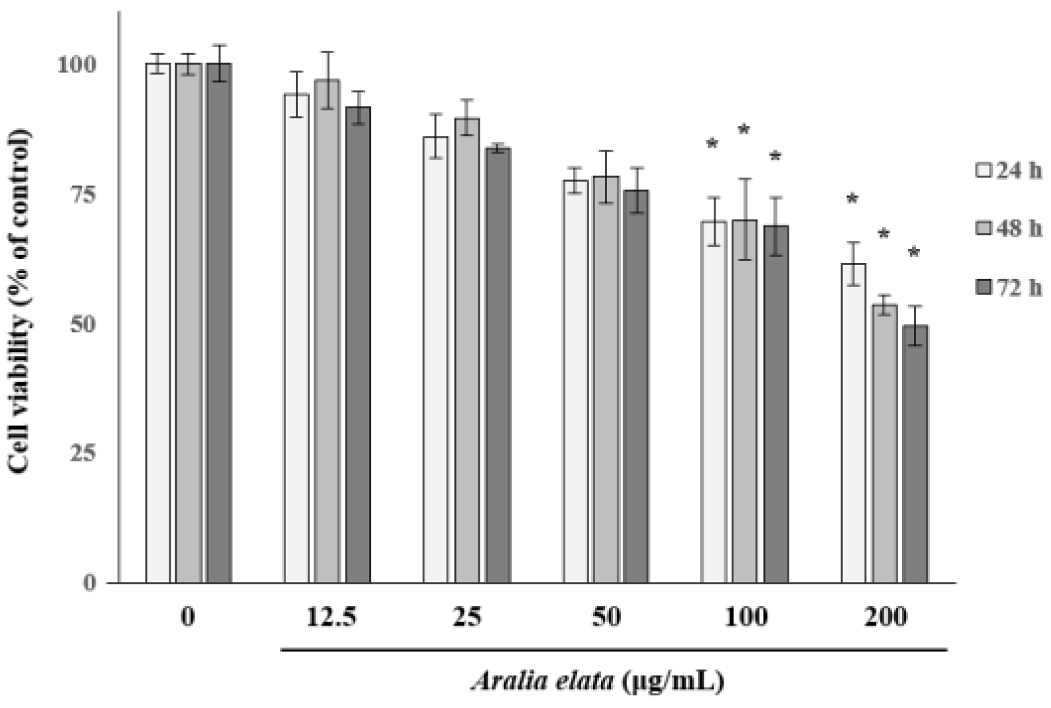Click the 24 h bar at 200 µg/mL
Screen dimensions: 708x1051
[x=853, y=422]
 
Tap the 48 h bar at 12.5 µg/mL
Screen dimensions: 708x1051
[x=327, y=330]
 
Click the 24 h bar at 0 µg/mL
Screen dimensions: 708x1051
[x=158, y=323]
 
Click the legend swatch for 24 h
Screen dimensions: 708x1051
[x=983, y=171]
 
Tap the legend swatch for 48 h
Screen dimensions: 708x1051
[x=983, y=229]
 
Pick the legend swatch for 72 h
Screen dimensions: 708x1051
[x=983, y=287]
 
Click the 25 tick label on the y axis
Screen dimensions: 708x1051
[x=82, y=454]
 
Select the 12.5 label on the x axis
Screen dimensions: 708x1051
[x=331, y=617]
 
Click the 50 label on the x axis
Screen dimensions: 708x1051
[x=606, y=617]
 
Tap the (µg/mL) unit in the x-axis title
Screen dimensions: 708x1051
[x=672, y=680]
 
